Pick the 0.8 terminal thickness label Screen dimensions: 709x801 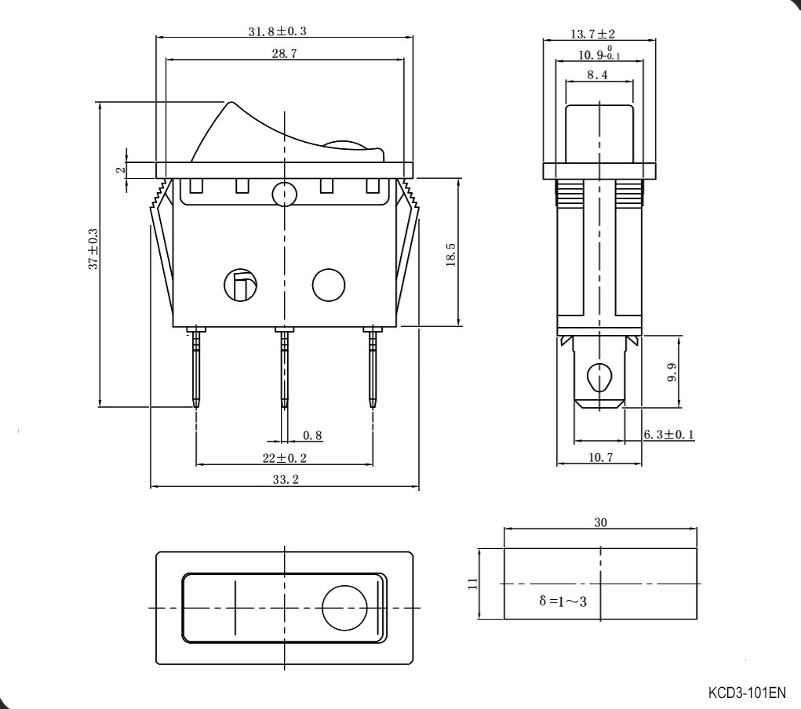tap(312, 435)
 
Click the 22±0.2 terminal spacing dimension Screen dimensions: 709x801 tap(285, 458)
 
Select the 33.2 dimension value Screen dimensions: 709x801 tap(286, 480)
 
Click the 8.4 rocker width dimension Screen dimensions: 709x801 tap(597, 75)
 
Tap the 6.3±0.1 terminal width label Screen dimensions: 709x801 tap(668, 434)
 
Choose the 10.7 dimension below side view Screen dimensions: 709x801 tap(600, 457)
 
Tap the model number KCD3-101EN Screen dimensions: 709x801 tap(746, 693)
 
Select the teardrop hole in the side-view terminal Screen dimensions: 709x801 tap(600, 377)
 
